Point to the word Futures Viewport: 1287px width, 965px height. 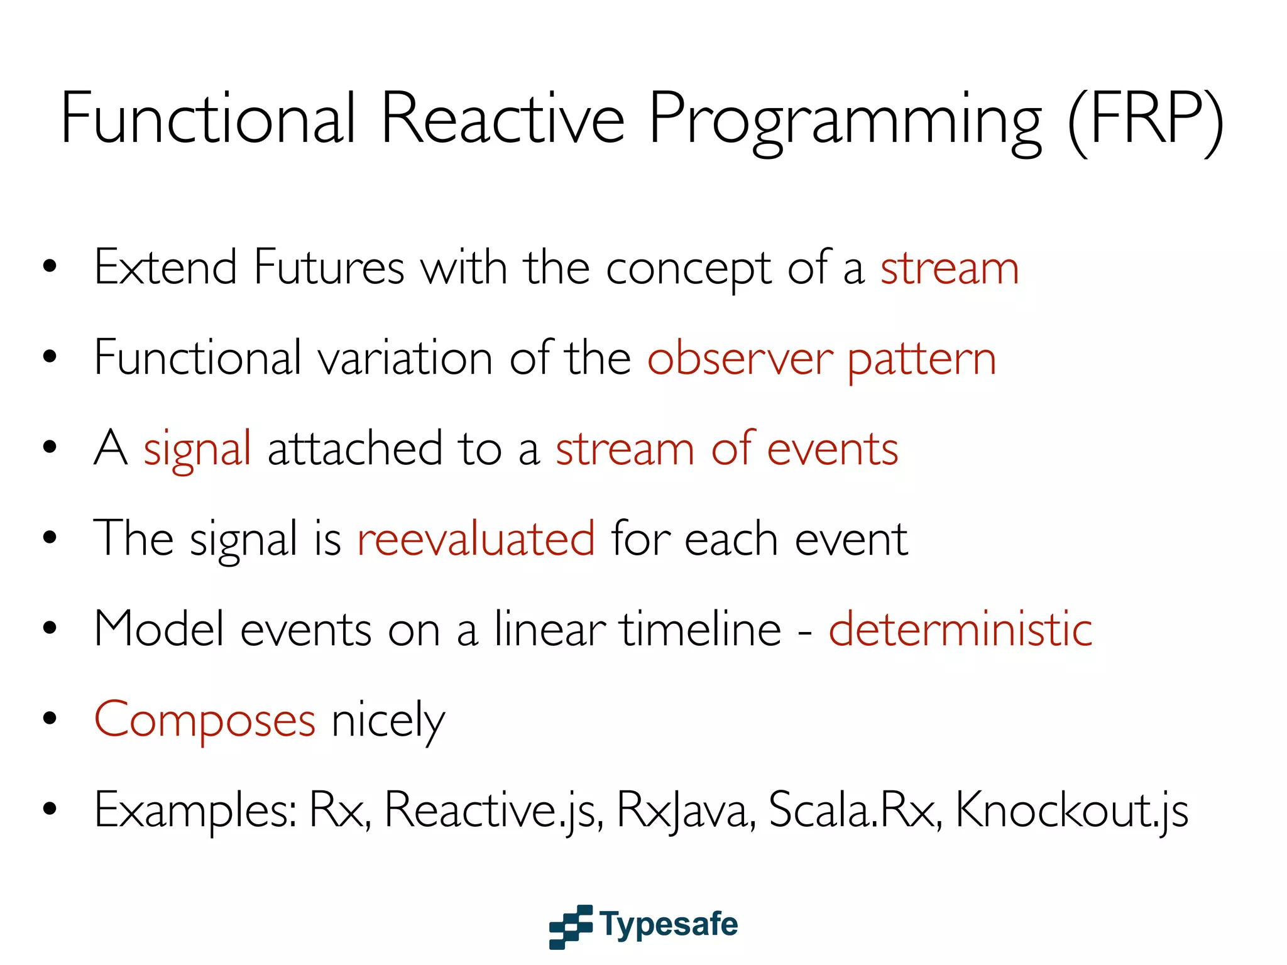[x=329, y=268]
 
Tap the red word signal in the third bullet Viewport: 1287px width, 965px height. [x=197, y=450]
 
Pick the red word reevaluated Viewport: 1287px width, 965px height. [x=476, y=539]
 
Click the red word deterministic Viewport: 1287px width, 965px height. [x=960, y=629]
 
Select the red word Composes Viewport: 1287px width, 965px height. [x=204, y=720]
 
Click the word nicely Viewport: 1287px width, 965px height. [x=388, y=721]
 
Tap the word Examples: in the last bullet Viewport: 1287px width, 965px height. [x=195, y=811]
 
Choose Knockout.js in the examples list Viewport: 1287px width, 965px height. [x=1071, y=811]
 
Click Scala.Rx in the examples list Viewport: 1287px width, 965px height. [x=855, y=810]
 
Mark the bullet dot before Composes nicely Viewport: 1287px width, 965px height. [x=50, y=718]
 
